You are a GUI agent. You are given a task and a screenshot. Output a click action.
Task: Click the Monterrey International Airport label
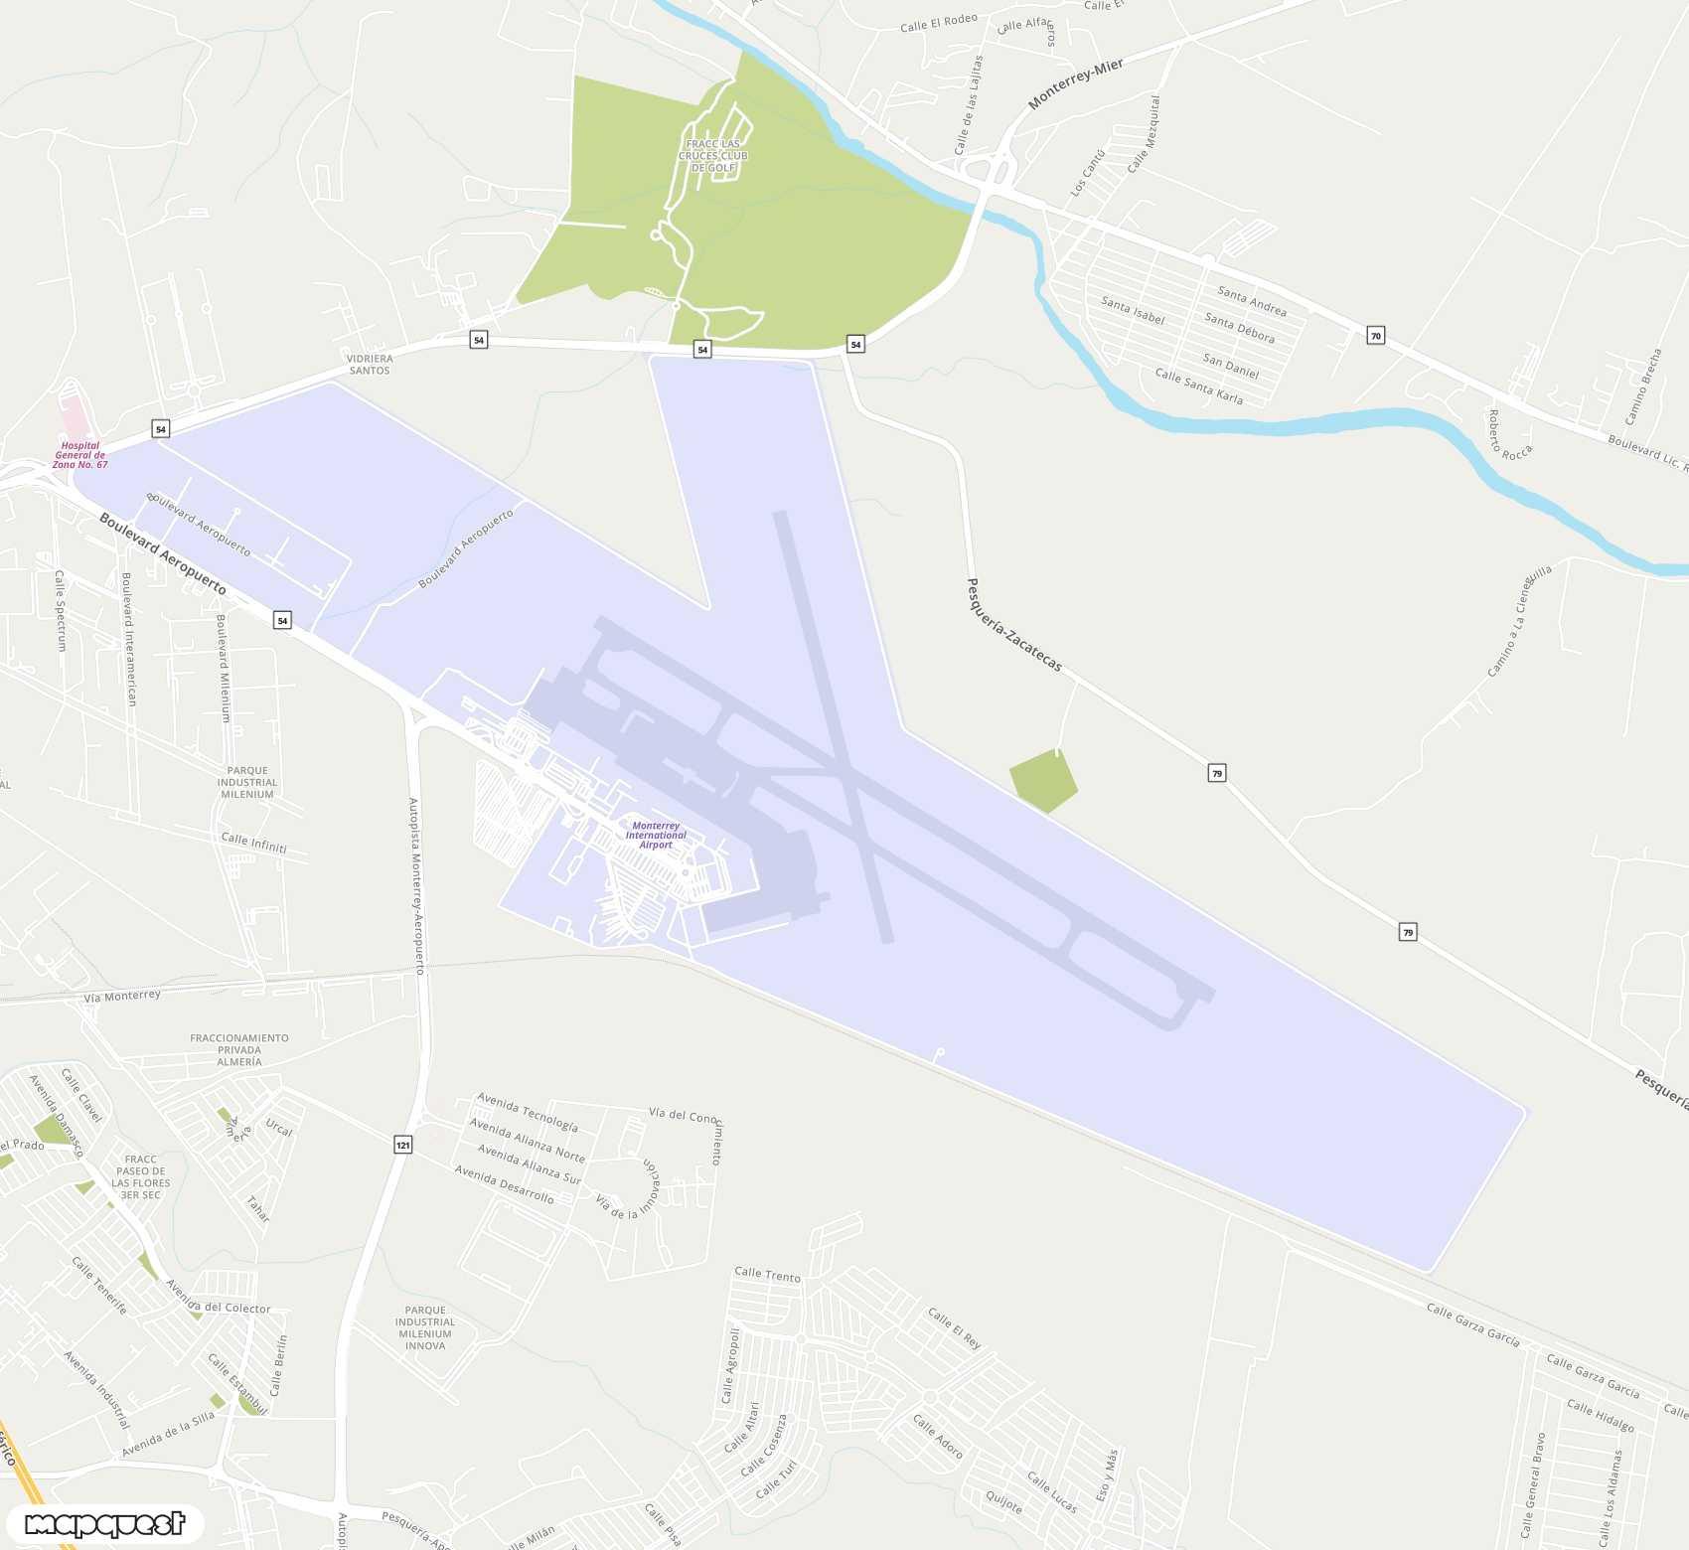coord(656,835)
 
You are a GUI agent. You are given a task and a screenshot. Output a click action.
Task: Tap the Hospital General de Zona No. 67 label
coord(79,455)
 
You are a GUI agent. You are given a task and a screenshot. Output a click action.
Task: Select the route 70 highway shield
coord(1375,336)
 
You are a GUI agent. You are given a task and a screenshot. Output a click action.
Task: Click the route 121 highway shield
coord(402,1145)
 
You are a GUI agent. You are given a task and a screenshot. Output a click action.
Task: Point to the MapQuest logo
coord(105,1523)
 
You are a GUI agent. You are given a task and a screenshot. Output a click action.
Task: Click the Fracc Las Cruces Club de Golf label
coord(713,156)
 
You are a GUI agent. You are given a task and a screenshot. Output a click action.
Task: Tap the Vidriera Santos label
coord(370,364)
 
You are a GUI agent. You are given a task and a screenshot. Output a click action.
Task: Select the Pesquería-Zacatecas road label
coord(1014,625)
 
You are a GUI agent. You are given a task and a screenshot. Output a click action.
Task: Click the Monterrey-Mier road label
coord(1075,82)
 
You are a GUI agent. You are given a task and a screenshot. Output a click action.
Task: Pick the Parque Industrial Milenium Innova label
coord(425,1327)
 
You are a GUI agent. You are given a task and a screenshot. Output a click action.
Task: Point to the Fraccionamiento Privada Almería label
coord(239,1049)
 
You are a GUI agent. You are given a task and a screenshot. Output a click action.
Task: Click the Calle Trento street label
coord(767,1274)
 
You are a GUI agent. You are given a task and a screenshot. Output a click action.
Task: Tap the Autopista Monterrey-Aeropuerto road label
coord(417,884)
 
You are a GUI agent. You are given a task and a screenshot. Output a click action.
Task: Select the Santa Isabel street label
coord(1132,310)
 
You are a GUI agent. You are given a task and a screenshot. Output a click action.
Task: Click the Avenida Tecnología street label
coord(527,1112)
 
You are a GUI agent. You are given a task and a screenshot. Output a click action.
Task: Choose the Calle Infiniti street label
coord(253,843)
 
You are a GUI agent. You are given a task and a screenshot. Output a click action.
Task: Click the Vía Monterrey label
coord(122,996)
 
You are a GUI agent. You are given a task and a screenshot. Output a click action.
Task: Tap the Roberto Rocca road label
coord(1508,435)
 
